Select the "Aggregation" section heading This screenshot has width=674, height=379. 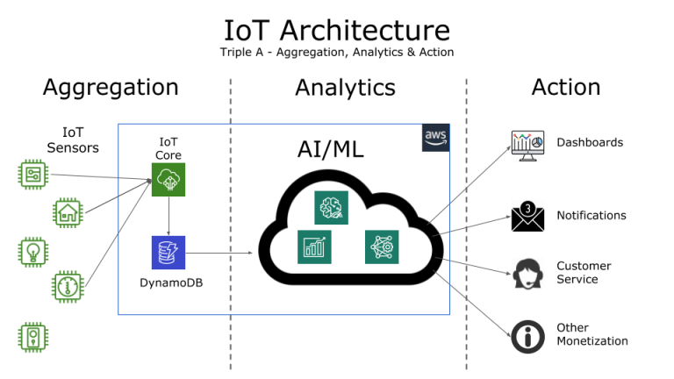pyautogui.click(x=111, y=87)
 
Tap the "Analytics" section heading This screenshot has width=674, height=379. pyautogui.click(x=345, y=88)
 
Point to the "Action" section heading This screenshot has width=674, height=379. pyautogui.click(x=566, y=87)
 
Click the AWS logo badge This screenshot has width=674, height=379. pyautogui.click(x=435, y=138)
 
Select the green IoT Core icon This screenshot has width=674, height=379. pyautogui.click(x=168, y=182)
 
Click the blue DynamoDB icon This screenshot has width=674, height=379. pyautogui.click(x=168, y=253)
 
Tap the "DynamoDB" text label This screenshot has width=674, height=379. pyautogui.click(x=168, y=283)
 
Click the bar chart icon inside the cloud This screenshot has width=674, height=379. pyautogui.click(x=314, y=247)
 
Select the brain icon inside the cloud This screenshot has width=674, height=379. pyautogui.click(x=332, y=207)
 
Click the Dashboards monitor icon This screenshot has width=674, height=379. pyautogui.click(x=527, y=145)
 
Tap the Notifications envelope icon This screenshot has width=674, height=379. pyautogui.click(x=528, y=216)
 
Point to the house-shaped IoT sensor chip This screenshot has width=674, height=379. pyautogui.click(x=68, y=212)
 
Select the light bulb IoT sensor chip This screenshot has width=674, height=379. pyautogui.click(x=33, y=251)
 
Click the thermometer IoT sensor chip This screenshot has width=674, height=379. pyautogui.click(x=68, y=287)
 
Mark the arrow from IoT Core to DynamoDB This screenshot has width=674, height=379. pyautogui.click(x=168, y=217)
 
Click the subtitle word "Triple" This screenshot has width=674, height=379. pyautogui.click(x=238, y=52)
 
